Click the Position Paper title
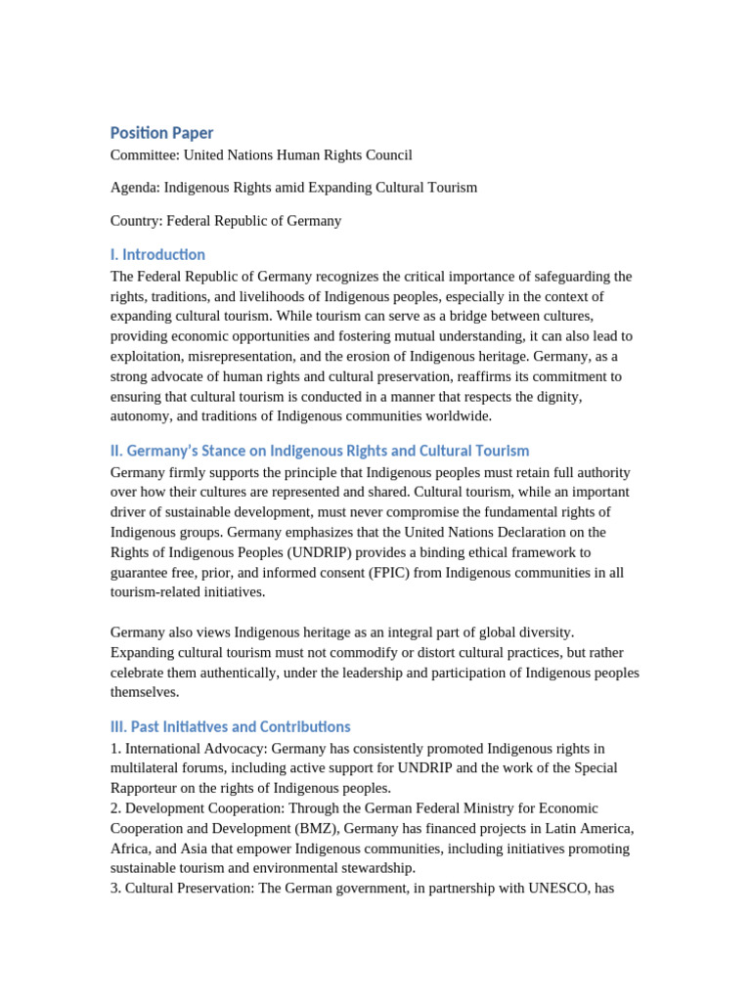click(x=161, y=133)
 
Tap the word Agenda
click(x=135, y=187)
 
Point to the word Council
click(x=387, y=154)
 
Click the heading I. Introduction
click(x=157, y=255)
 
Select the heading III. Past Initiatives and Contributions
click(x=230, y=726)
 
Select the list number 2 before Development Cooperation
click(x=114, y=808)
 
